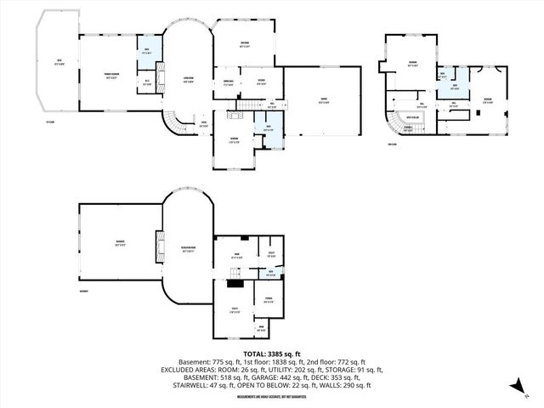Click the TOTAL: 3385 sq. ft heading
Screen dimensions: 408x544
click(271, 353)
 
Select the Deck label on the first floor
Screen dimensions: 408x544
click(59, 61)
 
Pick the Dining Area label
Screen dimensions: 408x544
click(228, 82)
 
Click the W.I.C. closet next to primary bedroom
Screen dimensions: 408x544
click(147, 83)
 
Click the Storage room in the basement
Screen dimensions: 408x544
click(268, 300)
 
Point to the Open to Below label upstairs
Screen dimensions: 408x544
click(415, 118)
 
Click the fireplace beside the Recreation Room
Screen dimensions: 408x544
click(158, 247)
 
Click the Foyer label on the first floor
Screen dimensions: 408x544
click(204, 123)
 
